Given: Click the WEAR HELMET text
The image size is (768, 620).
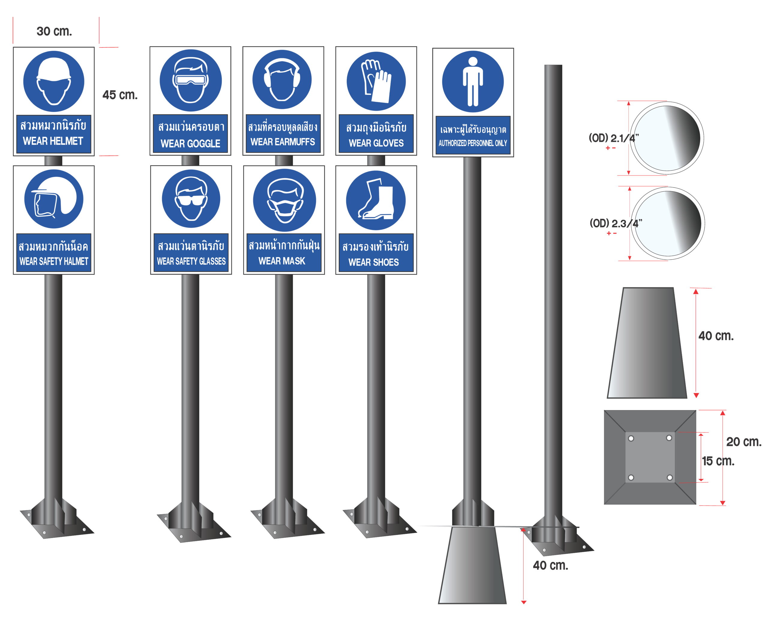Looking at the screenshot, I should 53,141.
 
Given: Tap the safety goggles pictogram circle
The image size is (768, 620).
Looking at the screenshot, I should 190,81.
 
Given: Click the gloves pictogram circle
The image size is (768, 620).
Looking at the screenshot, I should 376,81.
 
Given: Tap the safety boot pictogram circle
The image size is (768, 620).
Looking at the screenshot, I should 376,200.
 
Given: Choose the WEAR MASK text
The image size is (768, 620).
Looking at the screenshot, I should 282,261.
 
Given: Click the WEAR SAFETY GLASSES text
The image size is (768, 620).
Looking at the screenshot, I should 191,261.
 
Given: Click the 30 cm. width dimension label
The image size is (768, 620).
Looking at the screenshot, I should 54,32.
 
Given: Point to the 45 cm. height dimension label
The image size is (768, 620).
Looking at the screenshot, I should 120,95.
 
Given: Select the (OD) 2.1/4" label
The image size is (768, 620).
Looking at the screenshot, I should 613,138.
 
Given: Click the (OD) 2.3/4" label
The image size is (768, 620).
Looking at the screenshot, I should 615,223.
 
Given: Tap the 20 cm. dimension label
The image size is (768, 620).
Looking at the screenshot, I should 744,442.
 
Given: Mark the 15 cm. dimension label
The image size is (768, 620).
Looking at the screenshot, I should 718,461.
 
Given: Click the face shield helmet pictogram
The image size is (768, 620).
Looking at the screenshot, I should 53,199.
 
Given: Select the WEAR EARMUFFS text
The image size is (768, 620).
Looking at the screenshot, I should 283,142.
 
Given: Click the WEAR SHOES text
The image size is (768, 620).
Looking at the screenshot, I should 373,262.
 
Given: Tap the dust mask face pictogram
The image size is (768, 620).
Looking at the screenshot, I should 284,200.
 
